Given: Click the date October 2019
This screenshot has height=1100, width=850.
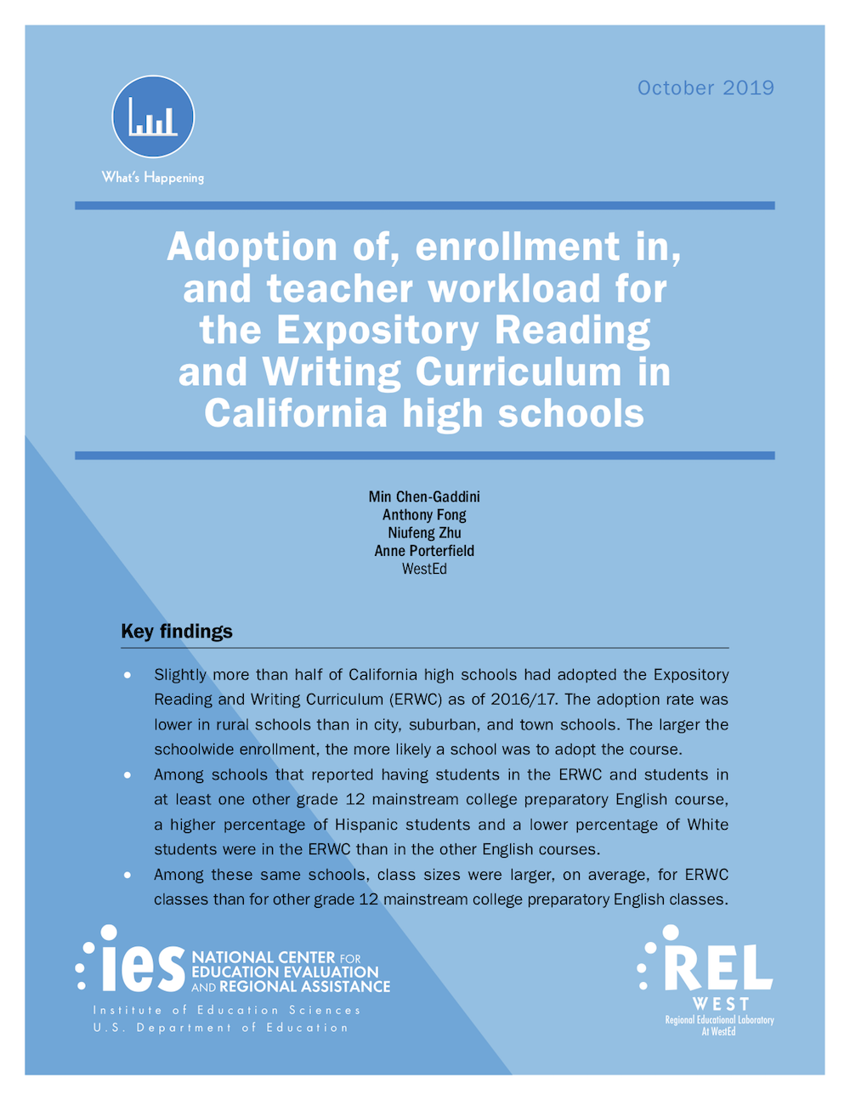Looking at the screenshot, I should [705, 88].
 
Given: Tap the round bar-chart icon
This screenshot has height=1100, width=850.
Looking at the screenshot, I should [153, 117].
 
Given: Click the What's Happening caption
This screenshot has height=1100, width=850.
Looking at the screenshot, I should [153, 178].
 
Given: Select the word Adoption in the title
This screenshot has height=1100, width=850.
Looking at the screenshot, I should [252, 247].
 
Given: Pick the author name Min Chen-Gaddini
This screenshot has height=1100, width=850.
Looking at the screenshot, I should [424, 496].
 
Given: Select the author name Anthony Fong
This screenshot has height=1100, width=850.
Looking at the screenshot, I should [424, 514].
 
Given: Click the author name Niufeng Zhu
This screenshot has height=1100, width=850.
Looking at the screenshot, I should [424, 533].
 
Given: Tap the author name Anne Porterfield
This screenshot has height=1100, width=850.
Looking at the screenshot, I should [424, 551].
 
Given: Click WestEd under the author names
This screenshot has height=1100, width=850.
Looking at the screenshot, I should [424, 569].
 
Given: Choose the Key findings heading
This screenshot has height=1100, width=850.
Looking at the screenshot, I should [177, 632].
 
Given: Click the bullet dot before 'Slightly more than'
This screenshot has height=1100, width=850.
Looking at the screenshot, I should [127, 675].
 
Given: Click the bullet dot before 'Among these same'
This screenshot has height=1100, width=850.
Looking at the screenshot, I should [127, 875].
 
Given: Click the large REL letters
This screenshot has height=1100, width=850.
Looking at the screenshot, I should [718, 968].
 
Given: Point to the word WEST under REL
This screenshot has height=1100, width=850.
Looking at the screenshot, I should [720, 1004].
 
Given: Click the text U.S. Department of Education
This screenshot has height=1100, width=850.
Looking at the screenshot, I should [221, 1028].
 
